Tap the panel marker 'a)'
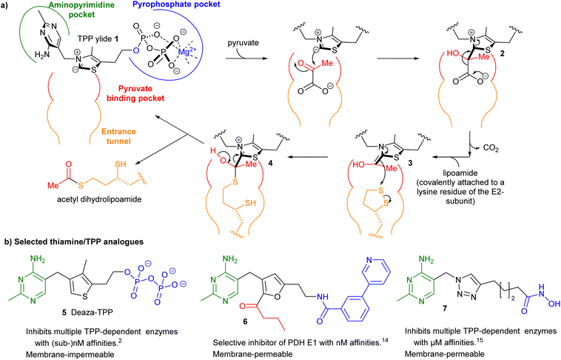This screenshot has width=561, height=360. (7, 6)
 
